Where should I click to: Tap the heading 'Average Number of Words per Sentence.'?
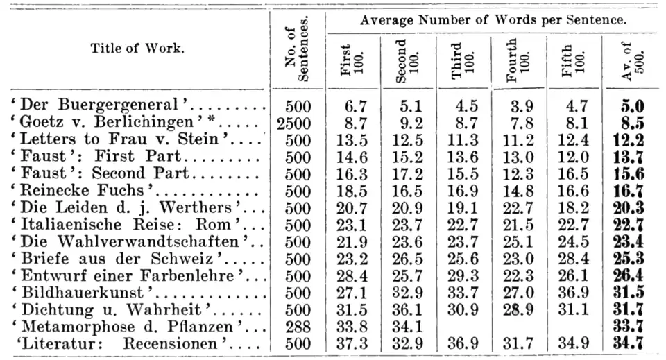[x=494, y=21]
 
